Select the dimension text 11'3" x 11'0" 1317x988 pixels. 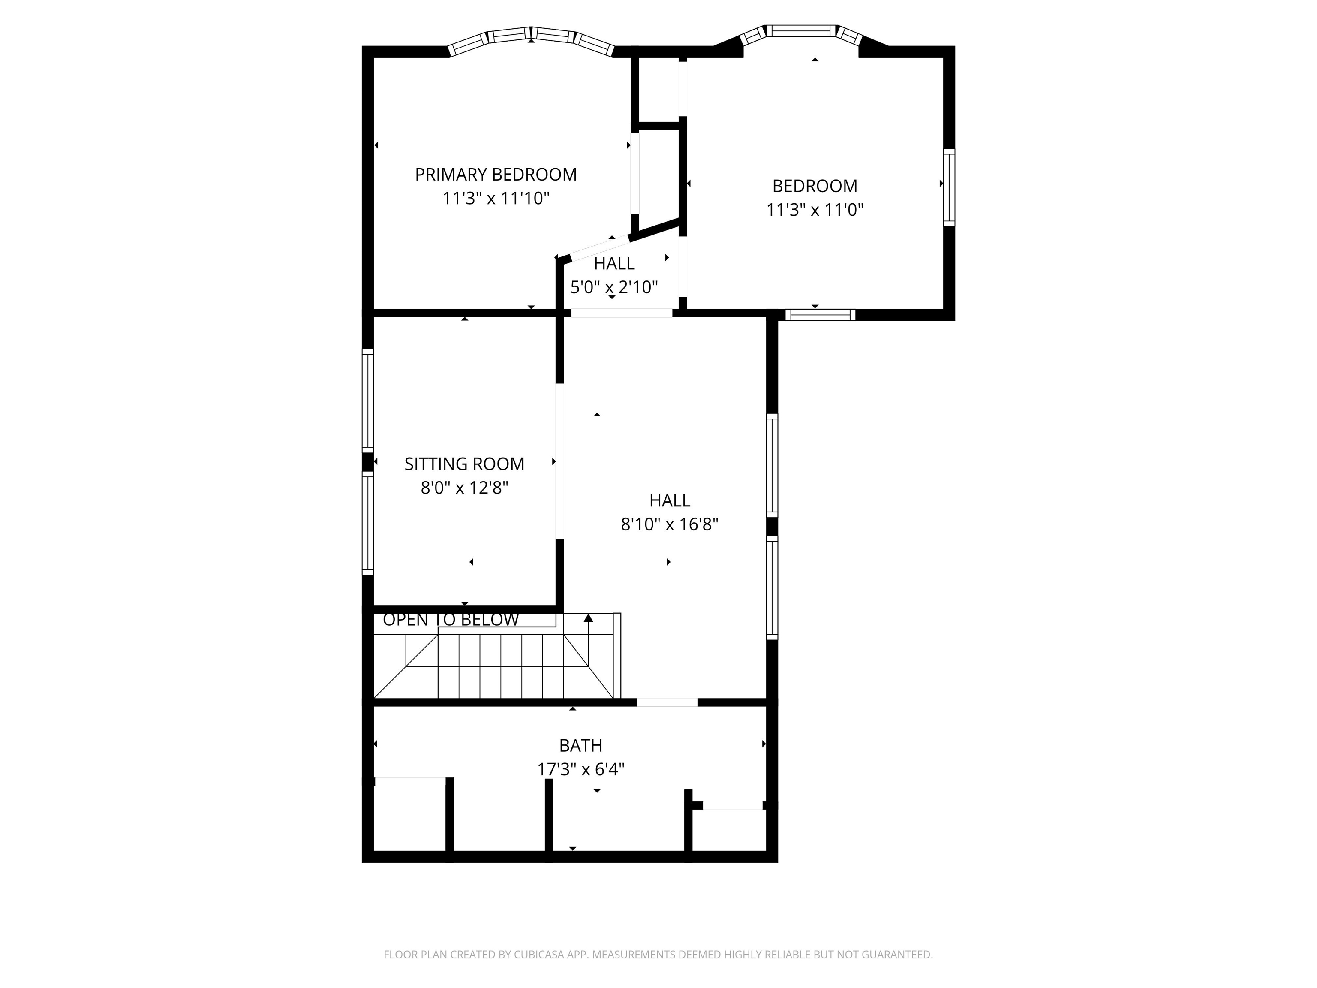tap(815, 210)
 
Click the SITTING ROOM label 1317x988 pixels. tap(464, 464)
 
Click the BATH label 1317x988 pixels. tap(580, 746)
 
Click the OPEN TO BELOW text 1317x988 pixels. tap(451, 620)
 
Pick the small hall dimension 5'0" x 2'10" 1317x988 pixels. tap(614, 288)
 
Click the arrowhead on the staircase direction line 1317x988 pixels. tap(588, 618)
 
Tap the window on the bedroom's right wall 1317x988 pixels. tap(949, 187)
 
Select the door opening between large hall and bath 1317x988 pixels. tap(667, 702)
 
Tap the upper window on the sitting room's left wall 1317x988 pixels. tap(368, 401)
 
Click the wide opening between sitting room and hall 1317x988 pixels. tap(559, 461)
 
